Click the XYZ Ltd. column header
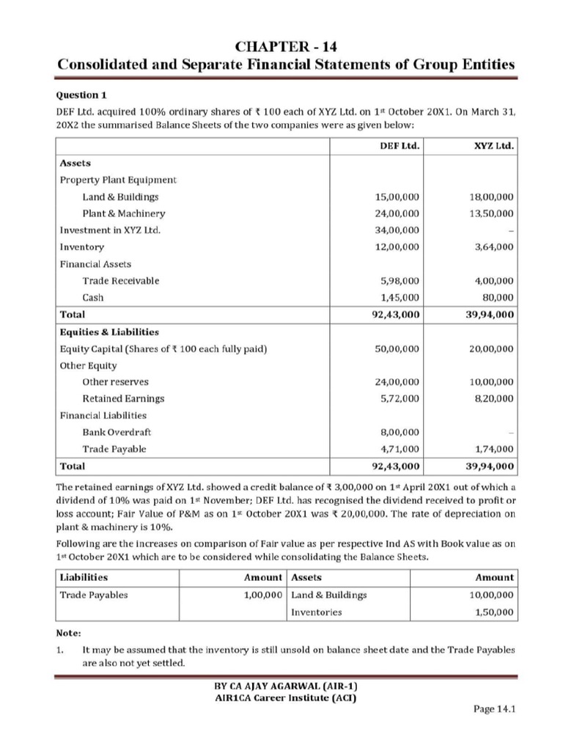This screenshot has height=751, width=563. click(x=495, y=146)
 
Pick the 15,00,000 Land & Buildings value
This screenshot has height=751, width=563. click(x=397, y=197)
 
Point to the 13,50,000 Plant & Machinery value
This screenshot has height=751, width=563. click(x=490, y=213)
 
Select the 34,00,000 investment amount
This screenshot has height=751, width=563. click(x=397, y=230)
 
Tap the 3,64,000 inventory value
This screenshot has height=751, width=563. click(x=493, y=247)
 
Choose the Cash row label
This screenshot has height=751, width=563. click(x=93, y=298)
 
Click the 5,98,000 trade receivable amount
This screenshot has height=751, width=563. click(x=400, y=281)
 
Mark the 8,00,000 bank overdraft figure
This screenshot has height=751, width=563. click(x=400, y=432)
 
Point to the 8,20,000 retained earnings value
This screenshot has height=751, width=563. click(x=493, y=398)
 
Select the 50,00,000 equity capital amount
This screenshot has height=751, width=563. click(x=397, y=349)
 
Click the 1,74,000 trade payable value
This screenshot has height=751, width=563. click(x=493, y=449)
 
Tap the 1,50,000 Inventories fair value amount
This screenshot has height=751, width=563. click(x=493, y=612)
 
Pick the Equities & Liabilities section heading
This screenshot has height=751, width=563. click(x=108, y=331)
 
